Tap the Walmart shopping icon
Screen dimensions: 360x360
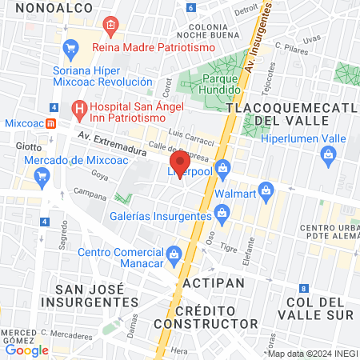pyautogui.click(x=267, y=191)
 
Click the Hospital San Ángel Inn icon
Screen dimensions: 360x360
pyautogui.click(x=78, y=106)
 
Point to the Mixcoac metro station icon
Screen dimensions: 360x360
pyautogui.click(x=50, y=124)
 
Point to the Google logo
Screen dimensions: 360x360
pyautogui.click(x=26, y=350)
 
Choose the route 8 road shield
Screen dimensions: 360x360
pyautogui.click(x=303, y=288)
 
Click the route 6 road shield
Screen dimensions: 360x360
pyautogui.click(x=190, y=7)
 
